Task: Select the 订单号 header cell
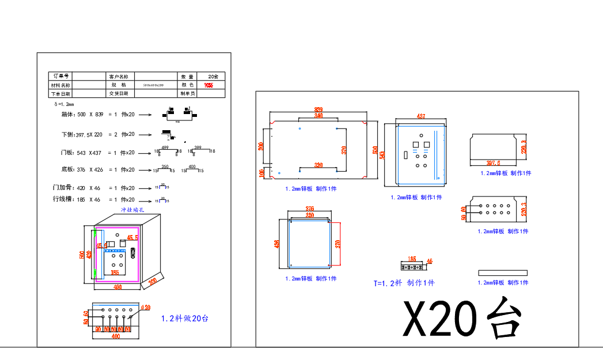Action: (60, 76)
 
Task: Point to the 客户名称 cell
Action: (121, 76)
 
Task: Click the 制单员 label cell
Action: (188, 93)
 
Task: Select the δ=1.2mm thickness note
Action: (64, 104)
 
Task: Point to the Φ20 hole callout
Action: (146, 307)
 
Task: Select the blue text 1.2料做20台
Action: (184, 318)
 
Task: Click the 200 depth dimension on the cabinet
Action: (153, 281)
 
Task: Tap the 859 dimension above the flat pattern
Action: (318, 109)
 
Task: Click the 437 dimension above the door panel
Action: (420, 116)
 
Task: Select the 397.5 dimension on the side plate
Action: (493, 163)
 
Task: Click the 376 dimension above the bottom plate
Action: (309, 209)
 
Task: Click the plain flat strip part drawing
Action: (502, 272)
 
